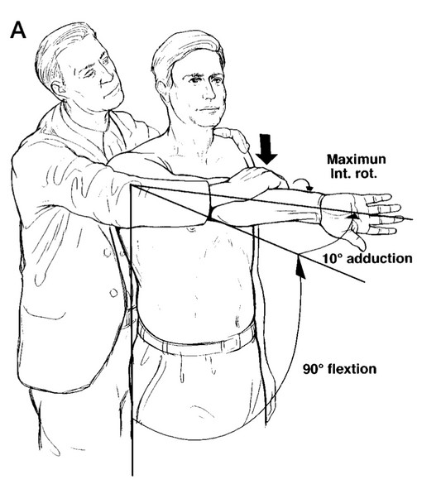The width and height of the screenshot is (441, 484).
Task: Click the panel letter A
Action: point(18,31)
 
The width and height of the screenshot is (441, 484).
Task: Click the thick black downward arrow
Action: point(266,149)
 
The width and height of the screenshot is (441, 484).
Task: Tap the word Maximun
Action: point(356,160)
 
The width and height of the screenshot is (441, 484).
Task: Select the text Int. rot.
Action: point(353,174)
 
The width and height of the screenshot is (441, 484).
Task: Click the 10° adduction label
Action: point(367,258)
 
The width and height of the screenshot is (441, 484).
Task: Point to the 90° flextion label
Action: point(339,369)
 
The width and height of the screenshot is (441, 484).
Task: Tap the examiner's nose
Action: point(108,77)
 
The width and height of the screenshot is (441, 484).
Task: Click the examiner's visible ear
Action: point(58,90)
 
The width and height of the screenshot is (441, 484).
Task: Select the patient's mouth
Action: point(209,110)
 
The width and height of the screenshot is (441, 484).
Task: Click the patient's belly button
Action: point(237,321)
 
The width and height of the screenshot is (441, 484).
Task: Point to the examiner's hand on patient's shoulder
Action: point(233,139)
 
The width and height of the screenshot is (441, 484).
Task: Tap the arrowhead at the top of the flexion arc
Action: point(300,271)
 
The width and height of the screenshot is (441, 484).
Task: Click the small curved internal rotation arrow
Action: point(303,184)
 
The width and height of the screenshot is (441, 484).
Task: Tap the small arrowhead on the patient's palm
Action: point(353,216)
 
